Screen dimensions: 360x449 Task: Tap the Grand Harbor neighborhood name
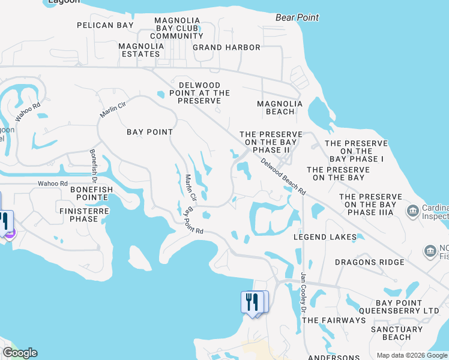click(x=226, y=47)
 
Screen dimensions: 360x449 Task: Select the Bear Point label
click(x=297, y=17)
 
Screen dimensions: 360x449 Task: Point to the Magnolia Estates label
click(x=142, y=50)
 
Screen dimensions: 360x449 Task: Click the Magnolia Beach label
click(x=276, y=107)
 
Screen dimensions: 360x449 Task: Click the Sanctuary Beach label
click(x=397, y=333)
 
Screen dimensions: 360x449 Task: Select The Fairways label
click(x=334, y=320)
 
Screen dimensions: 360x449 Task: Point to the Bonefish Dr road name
click(x=94, y=166)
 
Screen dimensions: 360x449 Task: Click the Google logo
click(x=20, y=353)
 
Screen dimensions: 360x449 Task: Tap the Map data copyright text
click(x=411, y=355)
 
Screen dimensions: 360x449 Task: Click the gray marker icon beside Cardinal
click(x=413, y=211)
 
